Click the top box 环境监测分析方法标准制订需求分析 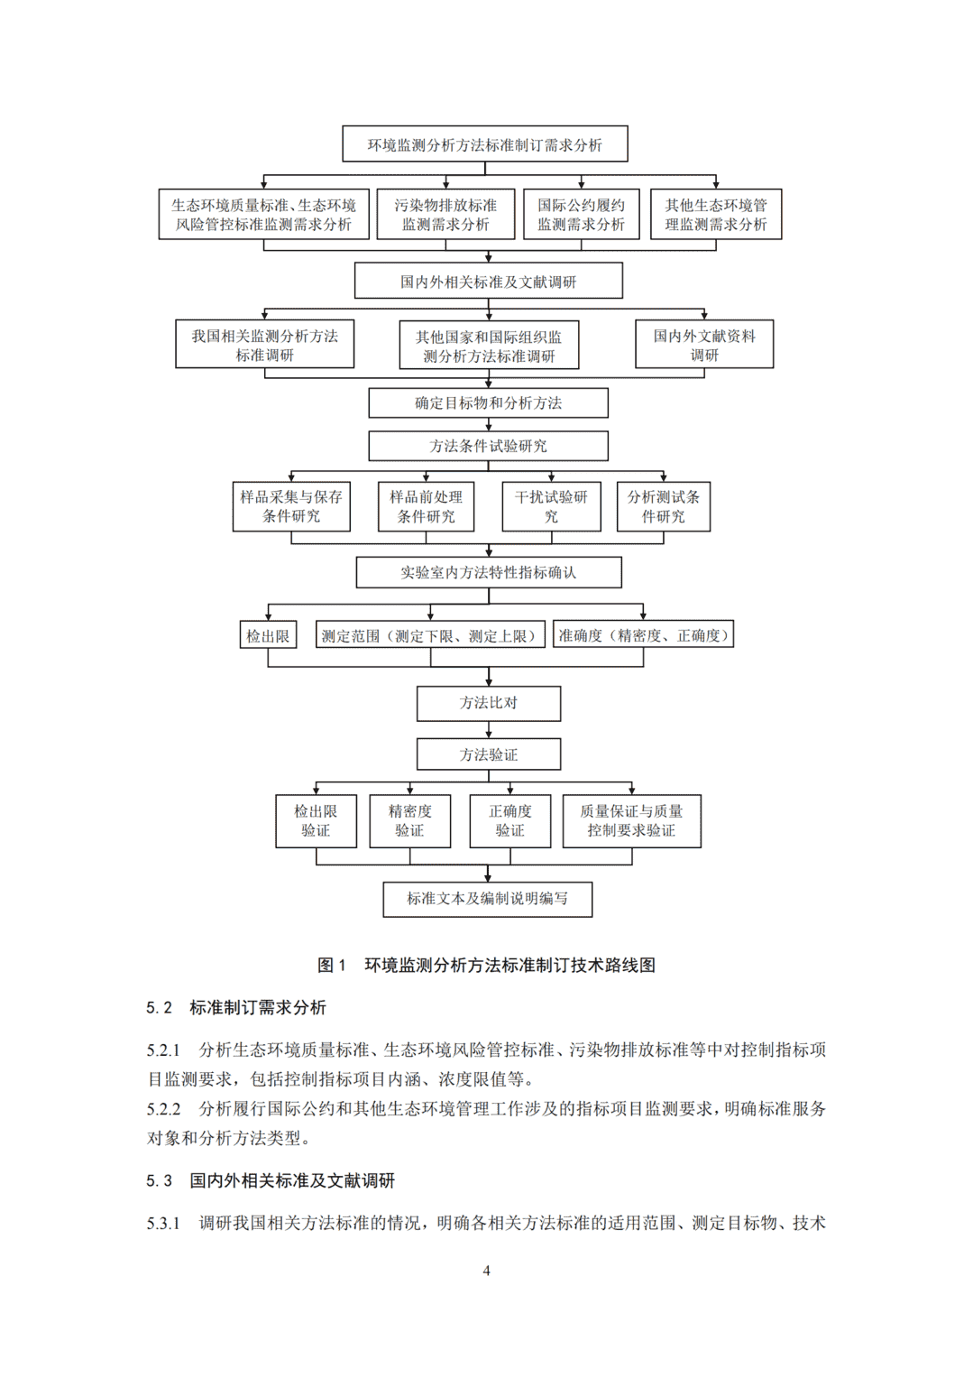485,144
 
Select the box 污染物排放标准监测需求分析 445,214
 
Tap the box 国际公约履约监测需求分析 582,214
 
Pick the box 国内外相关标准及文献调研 489,282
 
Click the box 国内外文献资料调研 704,344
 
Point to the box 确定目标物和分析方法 489,403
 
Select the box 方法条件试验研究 489,446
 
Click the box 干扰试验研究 551,506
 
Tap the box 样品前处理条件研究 426,506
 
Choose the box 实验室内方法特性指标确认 489,573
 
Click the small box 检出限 268,635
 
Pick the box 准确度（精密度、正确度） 644,634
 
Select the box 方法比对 489,704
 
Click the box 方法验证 489,754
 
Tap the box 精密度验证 410,821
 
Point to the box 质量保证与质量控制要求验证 632,821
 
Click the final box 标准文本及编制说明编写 488,900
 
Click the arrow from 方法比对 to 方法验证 489,729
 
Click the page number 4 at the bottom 487,1271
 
